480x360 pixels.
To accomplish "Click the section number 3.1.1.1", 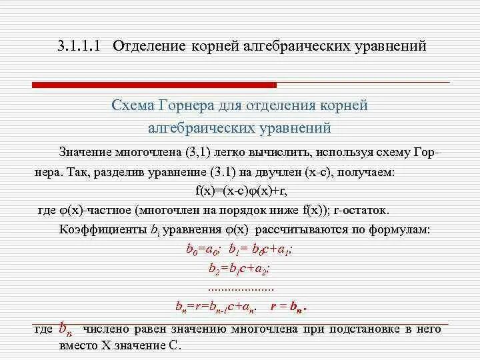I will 78,47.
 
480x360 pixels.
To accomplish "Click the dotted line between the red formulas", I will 241,289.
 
